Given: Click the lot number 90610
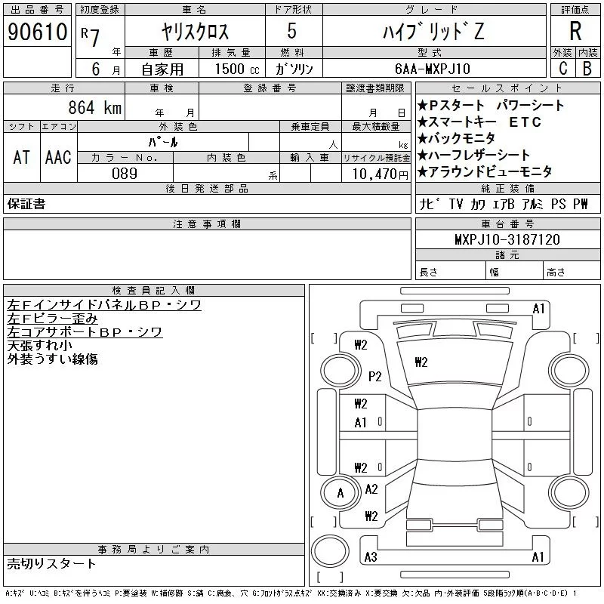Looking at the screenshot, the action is coord(38,32).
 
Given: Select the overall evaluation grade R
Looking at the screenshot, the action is coord(575,31).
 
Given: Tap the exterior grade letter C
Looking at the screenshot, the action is coord(562,68).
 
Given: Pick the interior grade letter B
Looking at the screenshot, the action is coord(587,68).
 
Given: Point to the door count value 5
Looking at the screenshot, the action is coord(292,32).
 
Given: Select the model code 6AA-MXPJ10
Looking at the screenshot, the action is coord(433,68).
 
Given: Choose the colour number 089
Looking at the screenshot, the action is coord(125,173).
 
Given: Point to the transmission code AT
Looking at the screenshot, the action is coord(22,157).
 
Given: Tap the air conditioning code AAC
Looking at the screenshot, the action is coord(58,157).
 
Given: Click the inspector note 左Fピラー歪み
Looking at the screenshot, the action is coord(53,319).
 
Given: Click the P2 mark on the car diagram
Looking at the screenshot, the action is coord(375,375).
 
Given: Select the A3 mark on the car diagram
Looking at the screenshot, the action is coord(370,557).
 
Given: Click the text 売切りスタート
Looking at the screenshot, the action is coord(52,563).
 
